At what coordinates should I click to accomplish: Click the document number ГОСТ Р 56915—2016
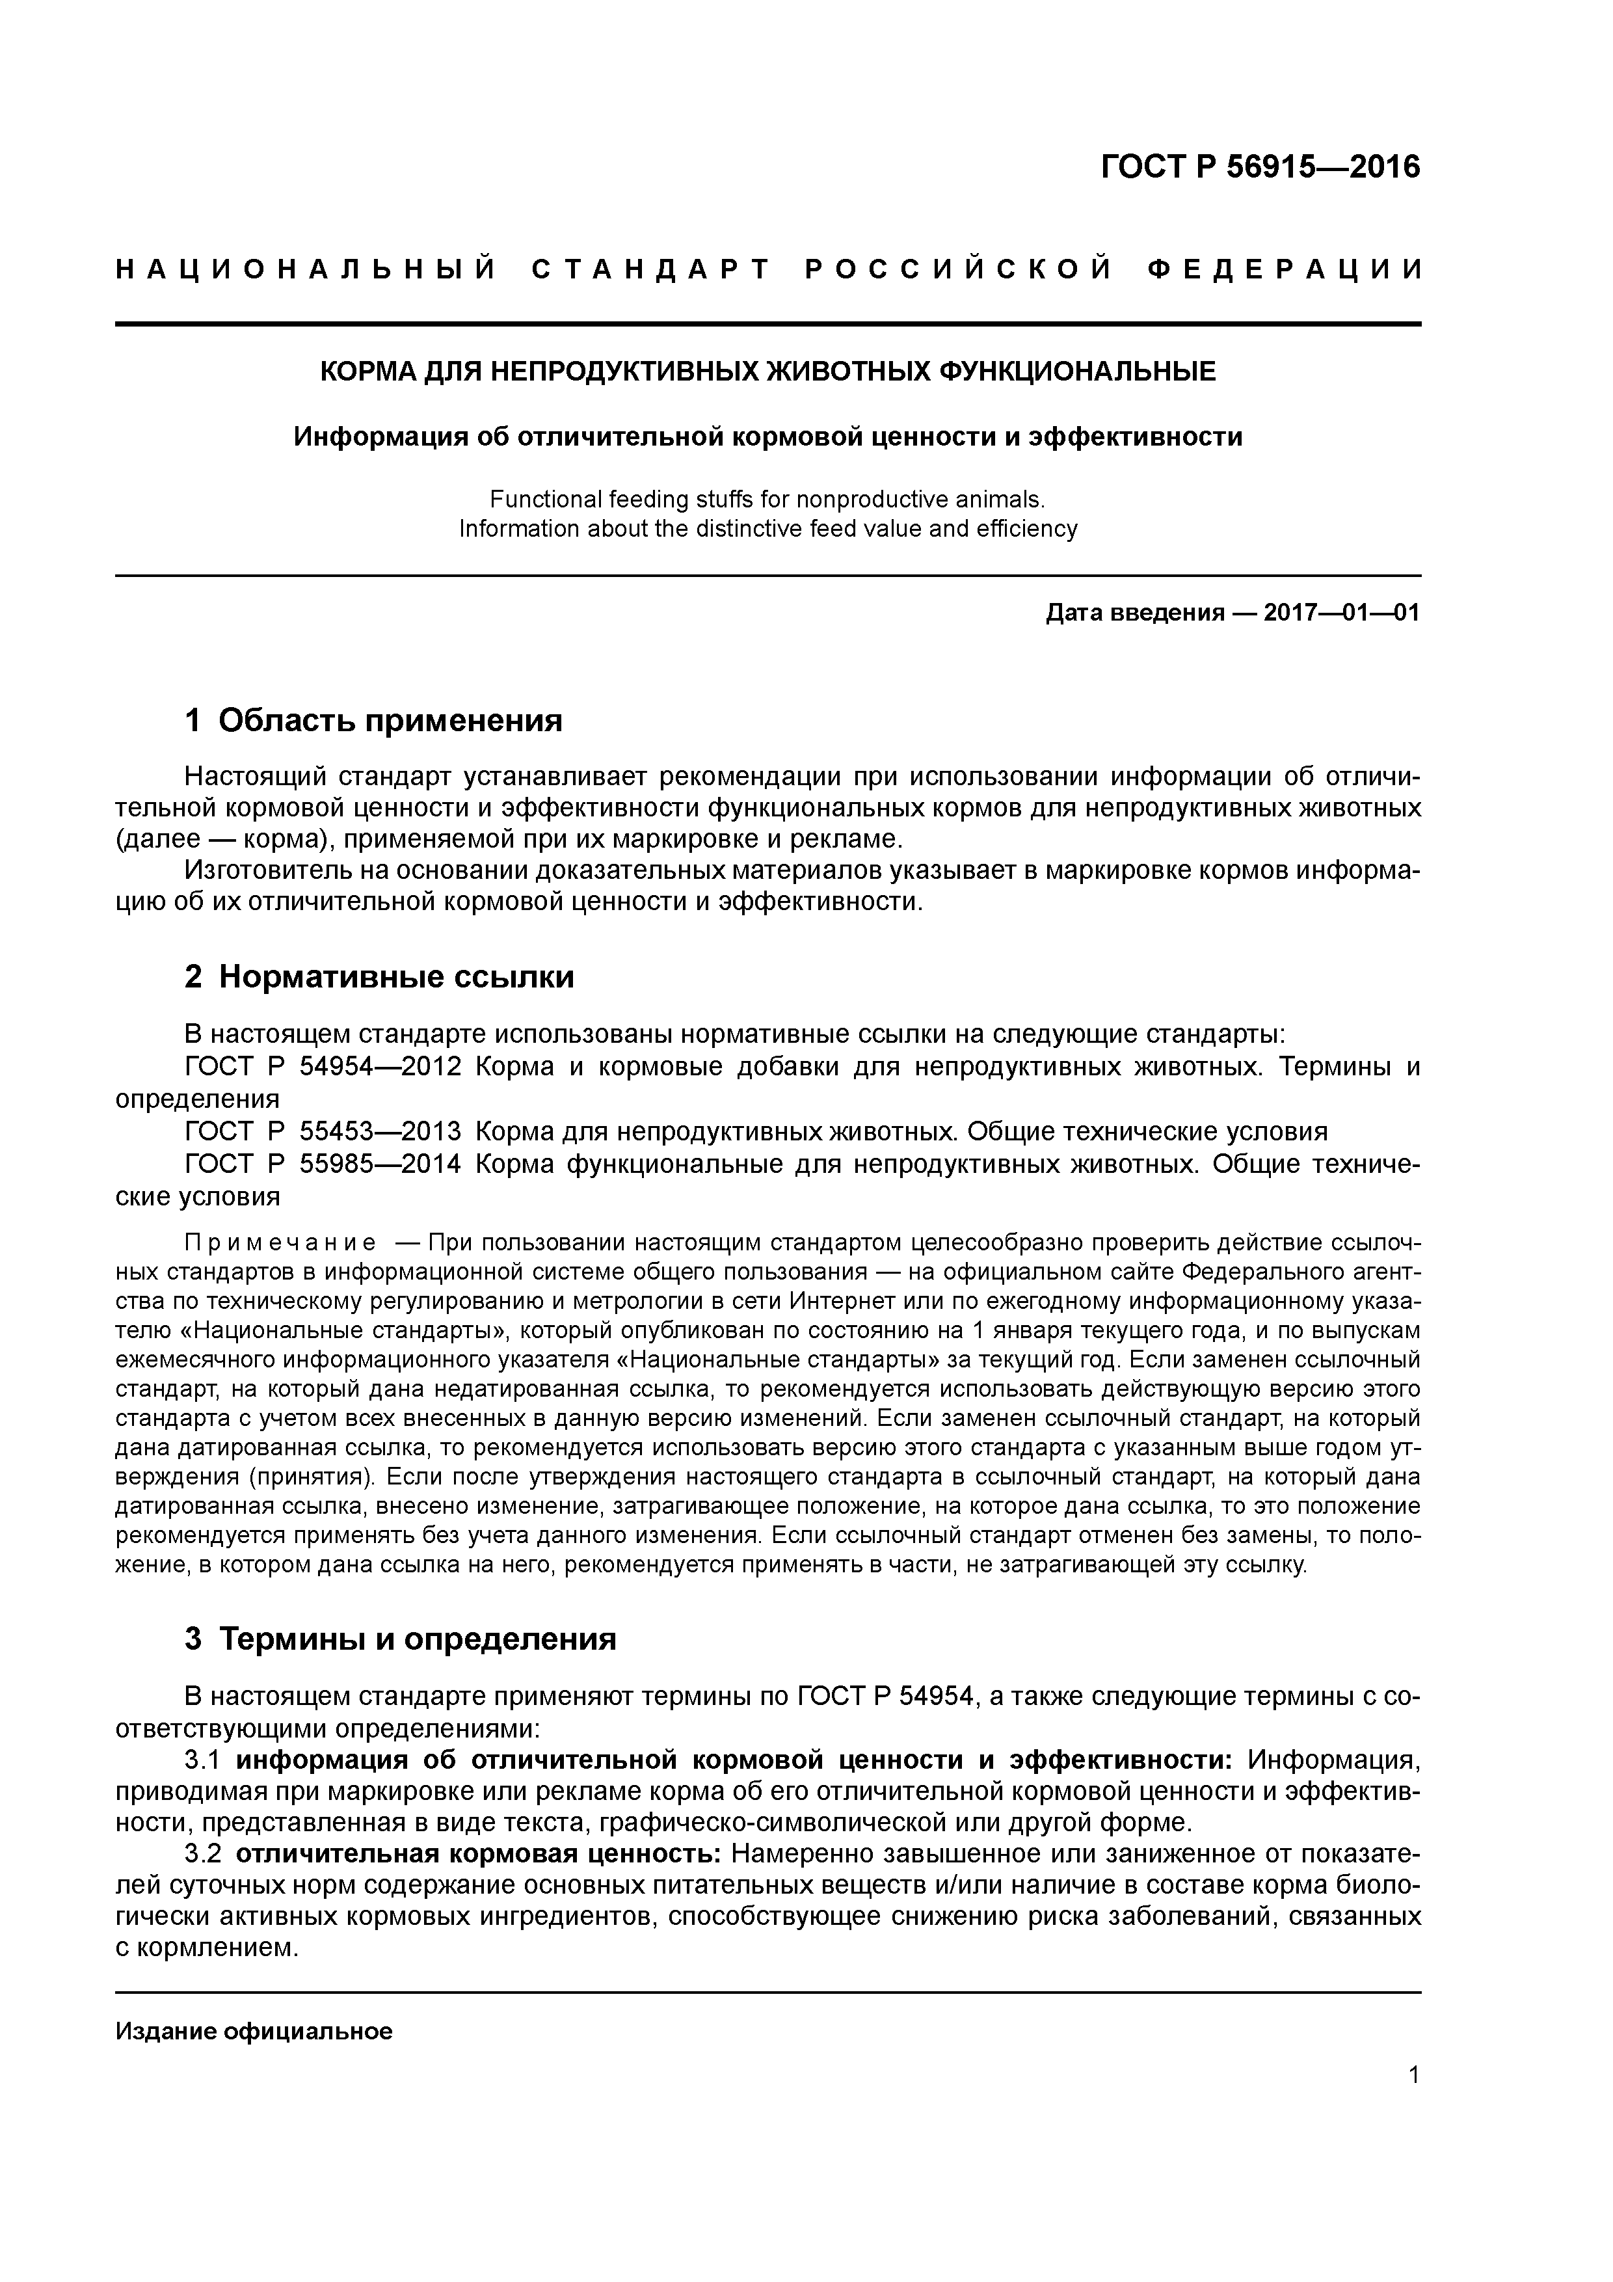[x=1260, y=167]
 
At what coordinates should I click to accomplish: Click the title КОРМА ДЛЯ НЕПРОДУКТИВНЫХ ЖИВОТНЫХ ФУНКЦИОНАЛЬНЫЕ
[x=766, y=371]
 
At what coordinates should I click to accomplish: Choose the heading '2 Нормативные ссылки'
[x=380, y=977]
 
